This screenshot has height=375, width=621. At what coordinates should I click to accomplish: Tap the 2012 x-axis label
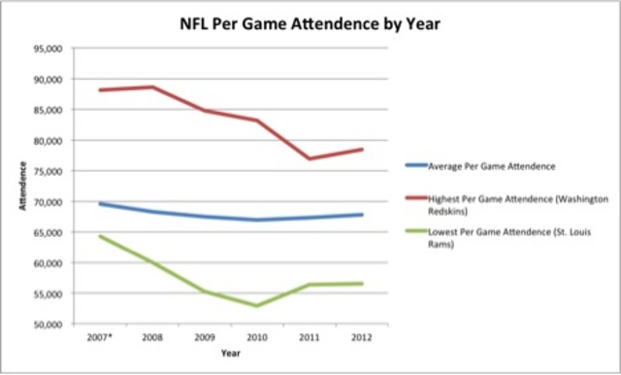click(x=362, y=337)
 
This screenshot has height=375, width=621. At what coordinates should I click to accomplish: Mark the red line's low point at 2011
click(x=310, y=158)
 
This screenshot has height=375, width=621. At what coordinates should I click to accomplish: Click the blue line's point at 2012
click(x=362, y=215)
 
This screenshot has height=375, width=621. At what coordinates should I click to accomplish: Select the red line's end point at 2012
click(x=362, y=149)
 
